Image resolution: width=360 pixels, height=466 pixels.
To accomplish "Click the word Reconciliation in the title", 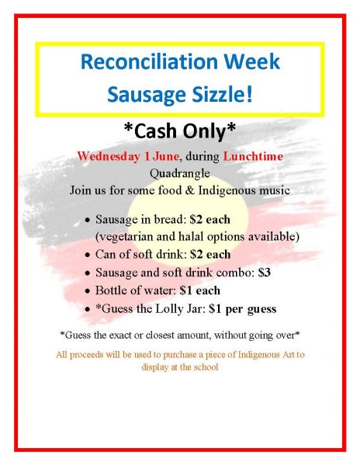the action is click(149, 61).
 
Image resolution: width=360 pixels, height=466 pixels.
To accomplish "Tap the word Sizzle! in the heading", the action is click(223, 94).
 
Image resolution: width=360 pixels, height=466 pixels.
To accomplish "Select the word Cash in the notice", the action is click(154, 130).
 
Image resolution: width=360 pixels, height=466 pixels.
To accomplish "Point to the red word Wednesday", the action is click(109, 156).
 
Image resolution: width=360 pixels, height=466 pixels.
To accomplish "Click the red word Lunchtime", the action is click(253, 156).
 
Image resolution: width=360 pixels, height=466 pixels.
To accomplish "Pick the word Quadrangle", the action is click(179, 173).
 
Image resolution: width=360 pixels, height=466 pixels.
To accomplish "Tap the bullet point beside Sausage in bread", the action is click(87, 221).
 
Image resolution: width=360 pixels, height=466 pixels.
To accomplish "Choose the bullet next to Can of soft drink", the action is click(87, 256).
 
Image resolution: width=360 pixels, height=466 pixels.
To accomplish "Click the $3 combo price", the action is click(264, 273).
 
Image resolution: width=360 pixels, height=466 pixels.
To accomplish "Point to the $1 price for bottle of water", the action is click(185, 290).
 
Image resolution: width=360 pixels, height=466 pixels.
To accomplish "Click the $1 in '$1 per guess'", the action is click(215, 309).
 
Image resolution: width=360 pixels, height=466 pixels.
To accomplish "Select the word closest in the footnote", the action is click(161, 336).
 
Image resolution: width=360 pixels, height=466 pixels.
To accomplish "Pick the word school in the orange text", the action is click(206, 367).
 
